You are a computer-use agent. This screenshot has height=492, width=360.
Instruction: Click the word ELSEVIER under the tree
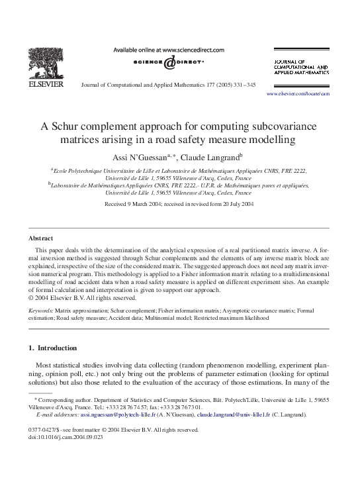[44, 84]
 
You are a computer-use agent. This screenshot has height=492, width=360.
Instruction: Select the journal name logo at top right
[300, 68]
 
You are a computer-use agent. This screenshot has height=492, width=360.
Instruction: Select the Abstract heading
[40, 238]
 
